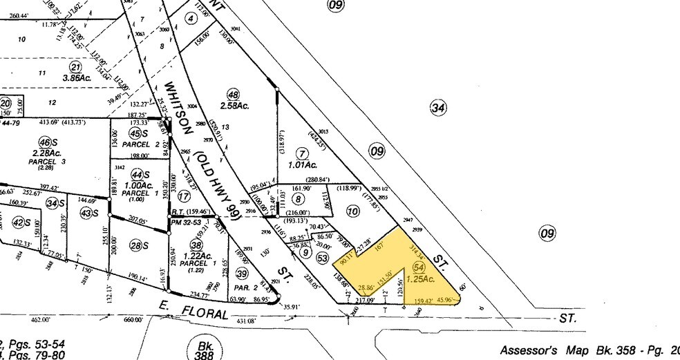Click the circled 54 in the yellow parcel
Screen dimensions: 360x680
417,267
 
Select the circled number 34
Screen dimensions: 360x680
437,107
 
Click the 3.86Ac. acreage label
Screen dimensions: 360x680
76,78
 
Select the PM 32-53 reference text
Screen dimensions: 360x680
186,222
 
